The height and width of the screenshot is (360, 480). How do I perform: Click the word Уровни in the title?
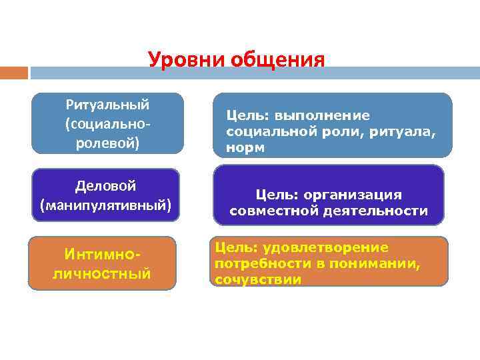pyautogui.click(x=187, y=60)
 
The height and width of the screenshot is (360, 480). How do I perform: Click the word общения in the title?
pyautogui.click(x=277, y=59)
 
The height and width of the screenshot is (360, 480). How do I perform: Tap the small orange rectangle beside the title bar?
pyautogui.click(x=14, y=73)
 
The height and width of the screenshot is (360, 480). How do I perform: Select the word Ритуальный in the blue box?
pyautogui.click(x=107, y=105)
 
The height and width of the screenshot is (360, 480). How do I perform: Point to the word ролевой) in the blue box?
pyautogui.click(x=107, y=143)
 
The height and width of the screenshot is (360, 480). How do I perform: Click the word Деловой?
pyautogui.click(x=105, y=186)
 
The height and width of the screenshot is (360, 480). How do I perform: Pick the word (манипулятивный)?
pyautogui.click(x=105, y=205)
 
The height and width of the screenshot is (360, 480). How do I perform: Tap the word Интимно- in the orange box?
pyautogui.click(x=102, y=255)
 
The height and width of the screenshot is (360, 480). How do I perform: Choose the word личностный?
pyautogui.click(x=102, y=274)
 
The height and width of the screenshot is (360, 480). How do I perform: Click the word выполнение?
pyautogui.click(x=322, y=116)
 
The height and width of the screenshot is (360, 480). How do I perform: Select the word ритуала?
pyautogui.click(x=403, y=132)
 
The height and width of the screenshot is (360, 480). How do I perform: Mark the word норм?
pyautogui.click(x=245, y=148)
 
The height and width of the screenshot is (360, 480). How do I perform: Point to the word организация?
pyautogui.click(x=353, y=195)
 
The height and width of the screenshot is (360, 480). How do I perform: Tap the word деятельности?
pyautogui.click(x=375, y=211)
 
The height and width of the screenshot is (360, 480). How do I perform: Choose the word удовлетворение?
pyautogui.click(x=325, y=247)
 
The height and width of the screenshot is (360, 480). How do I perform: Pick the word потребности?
pyautogui.click(x=263, y=263)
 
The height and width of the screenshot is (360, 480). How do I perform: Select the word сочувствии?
pyautogui.click(x=258, y=280)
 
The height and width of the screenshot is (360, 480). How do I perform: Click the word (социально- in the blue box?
pyautogui.click(x=108, y=124)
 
